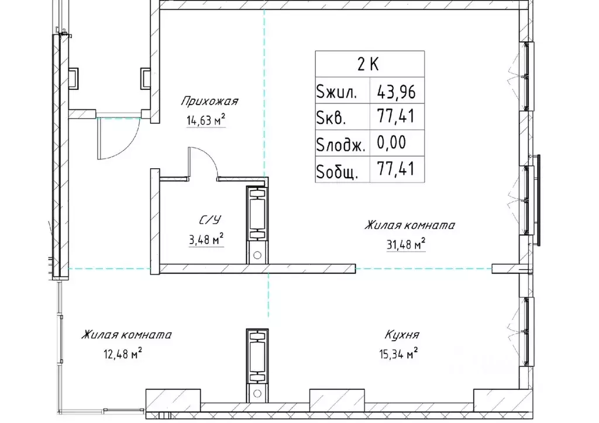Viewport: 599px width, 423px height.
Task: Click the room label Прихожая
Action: click(x=209, y=102)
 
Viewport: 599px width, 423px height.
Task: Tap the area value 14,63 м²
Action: click(x=205, y=120)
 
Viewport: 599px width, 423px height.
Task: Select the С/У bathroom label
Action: click(x=210, y=220)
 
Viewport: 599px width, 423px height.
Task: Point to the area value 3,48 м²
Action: click(x=206, y=240)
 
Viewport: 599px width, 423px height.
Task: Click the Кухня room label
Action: click(x=401, y=335)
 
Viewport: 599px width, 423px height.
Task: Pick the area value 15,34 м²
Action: click(x=398, y=353)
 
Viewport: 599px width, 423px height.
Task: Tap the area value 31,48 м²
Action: click(x=406, y=244)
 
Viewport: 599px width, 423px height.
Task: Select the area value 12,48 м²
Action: click(x=123, y=354)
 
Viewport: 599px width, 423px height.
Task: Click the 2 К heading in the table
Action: click(x=368, y=64)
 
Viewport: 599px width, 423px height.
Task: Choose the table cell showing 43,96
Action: click(x=396, y=92)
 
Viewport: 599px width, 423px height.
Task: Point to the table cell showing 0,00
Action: click(x=391, y=143)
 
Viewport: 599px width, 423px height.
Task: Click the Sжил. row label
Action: click(x=336, y=92)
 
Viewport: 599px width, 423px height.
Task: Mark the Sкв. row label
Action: click(x=331, y=118)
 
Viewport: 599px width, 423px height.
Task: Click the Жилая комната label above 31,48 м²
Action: click(x=409, y=225)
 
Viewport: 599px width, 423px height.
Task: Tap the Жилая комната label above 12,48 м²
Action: click(x=126, y=335)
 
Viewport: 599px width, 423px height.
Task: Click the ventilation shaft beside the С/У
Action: click(x=257, y=225)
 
